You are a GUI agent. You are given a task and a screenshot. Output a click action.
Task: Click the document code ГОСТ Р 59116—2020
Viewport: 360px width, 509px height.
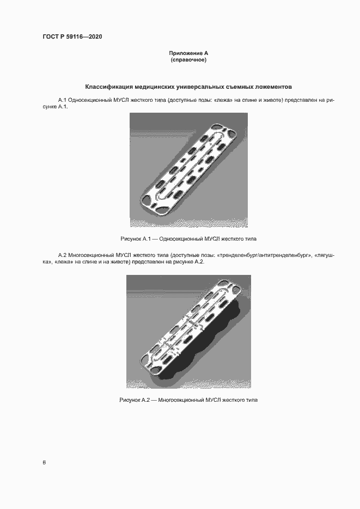(72, 37)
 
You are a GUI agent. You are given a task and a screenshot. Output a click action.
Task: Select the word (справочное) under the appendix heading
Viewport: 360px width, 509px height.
(188, 59)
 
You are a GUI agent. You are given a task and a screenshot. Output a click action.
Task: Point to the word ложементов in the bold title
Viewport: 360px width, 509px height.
(274, 87)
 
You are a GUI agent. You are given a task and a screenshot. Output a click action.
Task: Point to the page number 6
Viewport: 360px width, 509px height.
(44, 463)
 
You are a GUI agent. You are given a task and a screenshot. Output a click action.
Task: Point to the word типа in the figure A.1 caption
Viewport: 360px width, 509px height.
(251, 239)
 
